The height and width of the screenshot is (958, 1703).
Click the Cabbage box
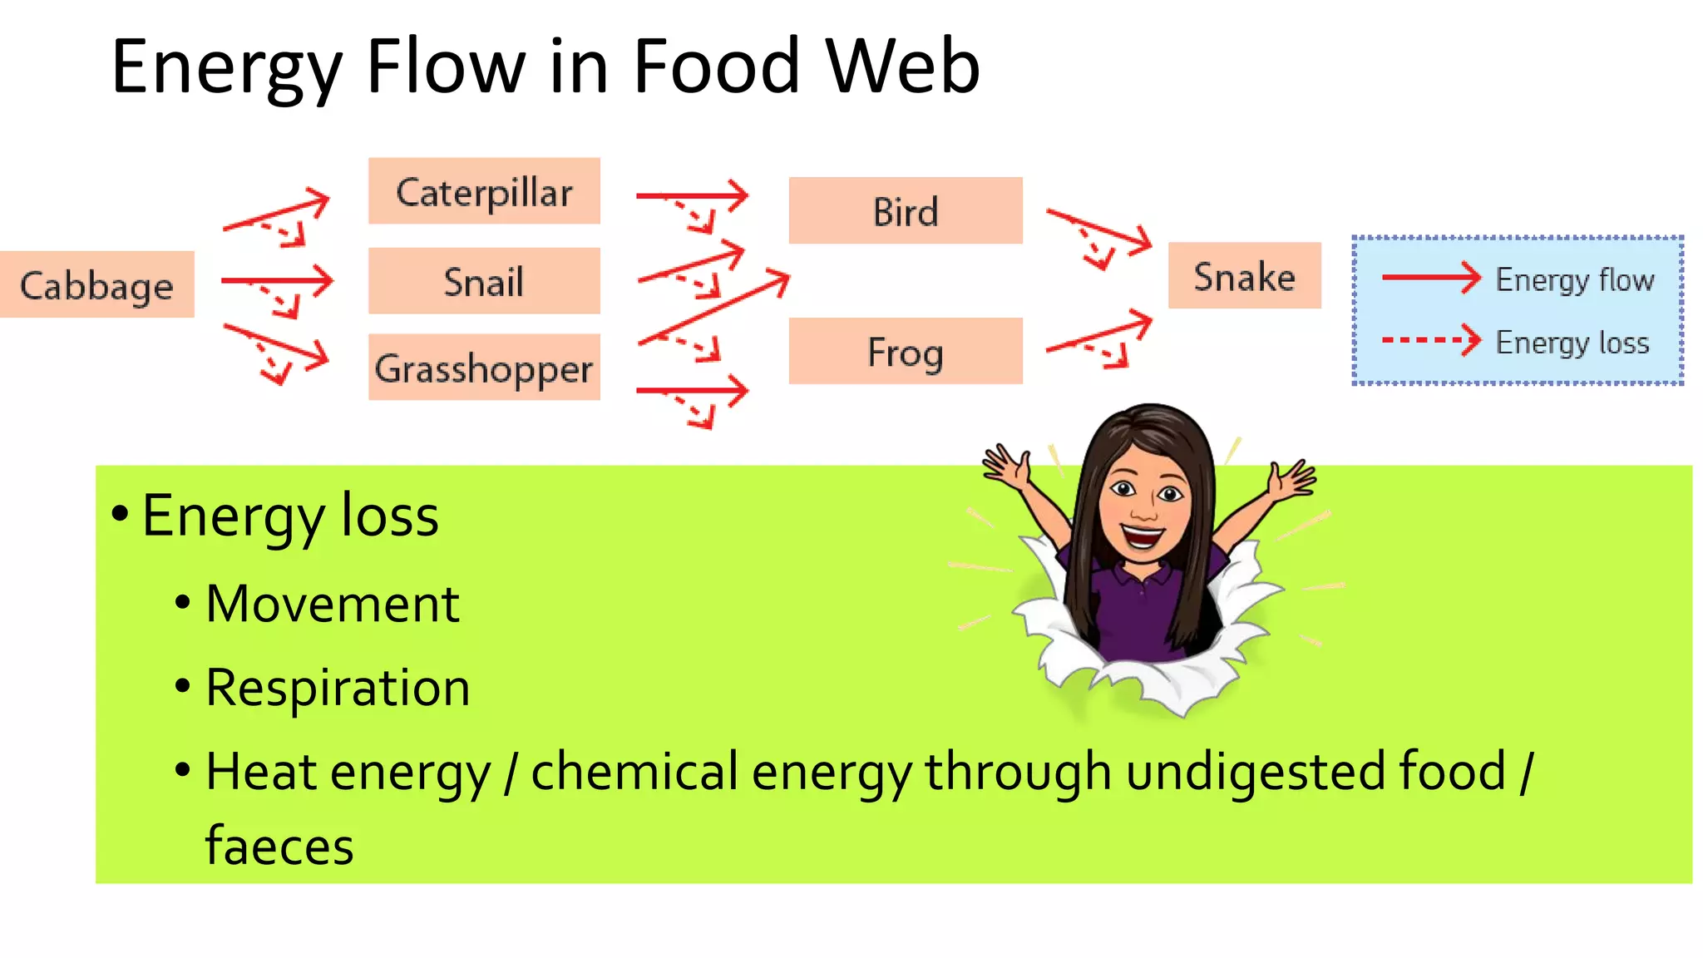pos(96,284)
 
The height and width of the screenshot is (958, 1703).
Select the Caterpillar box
pos(484,191)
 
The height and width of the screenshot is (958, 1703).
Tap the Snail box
pos(484,281)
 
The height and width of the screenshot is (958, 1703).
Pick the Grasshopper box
pos(484,368)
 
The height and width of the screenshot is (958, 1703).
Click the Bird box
pos(906,211)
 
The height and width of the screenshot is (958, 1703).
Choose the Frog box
pos(906,351)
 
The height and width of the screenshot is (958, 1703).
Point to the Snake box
pos(1244,276)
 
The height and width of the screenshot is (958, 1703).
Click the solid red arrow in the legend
pos(1430,278)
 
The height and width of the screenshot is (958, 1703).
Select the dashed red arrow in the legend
pos(1430,340)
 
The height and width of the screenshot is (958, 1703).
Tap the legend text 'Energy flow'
pos(1574,279)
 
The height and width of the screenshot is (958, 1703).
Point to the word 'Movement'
pos(332,604)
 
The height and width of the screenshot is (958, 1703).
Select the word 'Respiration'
pos(338,689)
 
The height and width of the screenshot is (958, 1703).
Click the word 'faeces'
pos(279,847)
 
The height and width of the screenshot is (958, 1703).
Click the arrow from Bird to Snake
pos(1099,229)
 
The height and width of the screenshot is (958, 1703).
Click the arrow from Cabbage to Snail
pos(276,281)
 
